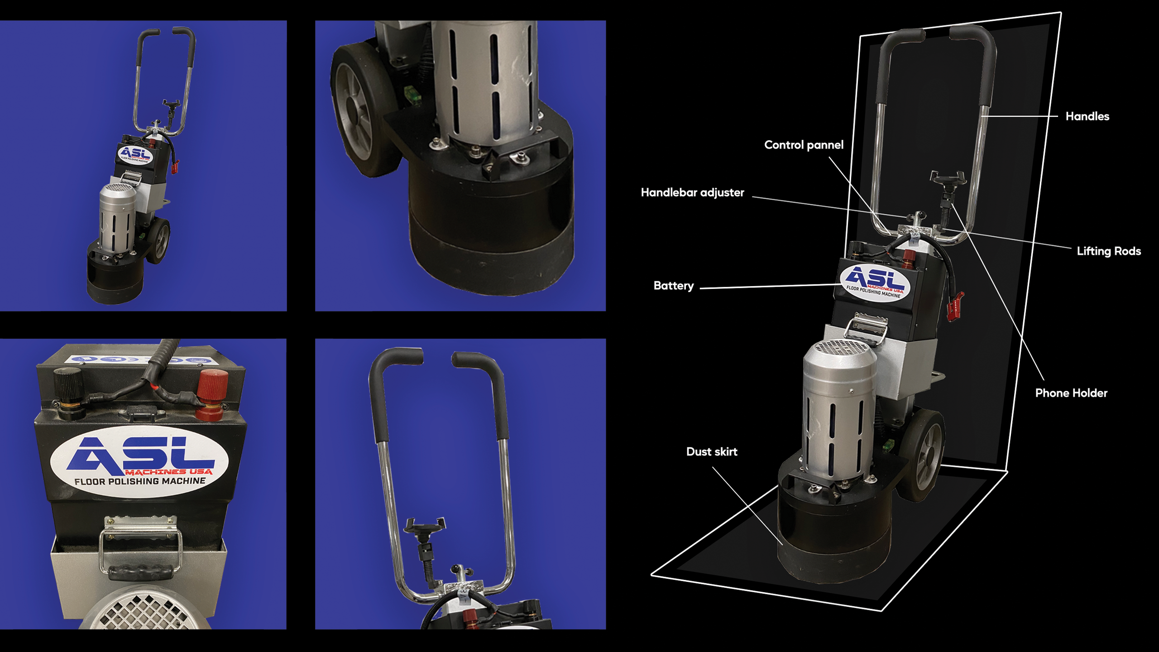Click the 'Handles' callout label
coord(1087,116)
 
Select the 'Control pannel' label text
coord(804,145)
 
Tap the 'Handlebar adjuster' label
coord(692,193)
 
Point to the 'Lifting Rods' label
coord(1109,251)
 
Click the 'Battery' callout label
coord(674,286)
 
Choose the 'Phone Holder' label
coord(1071,393)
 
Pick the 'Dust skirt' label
coord(712,451)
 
